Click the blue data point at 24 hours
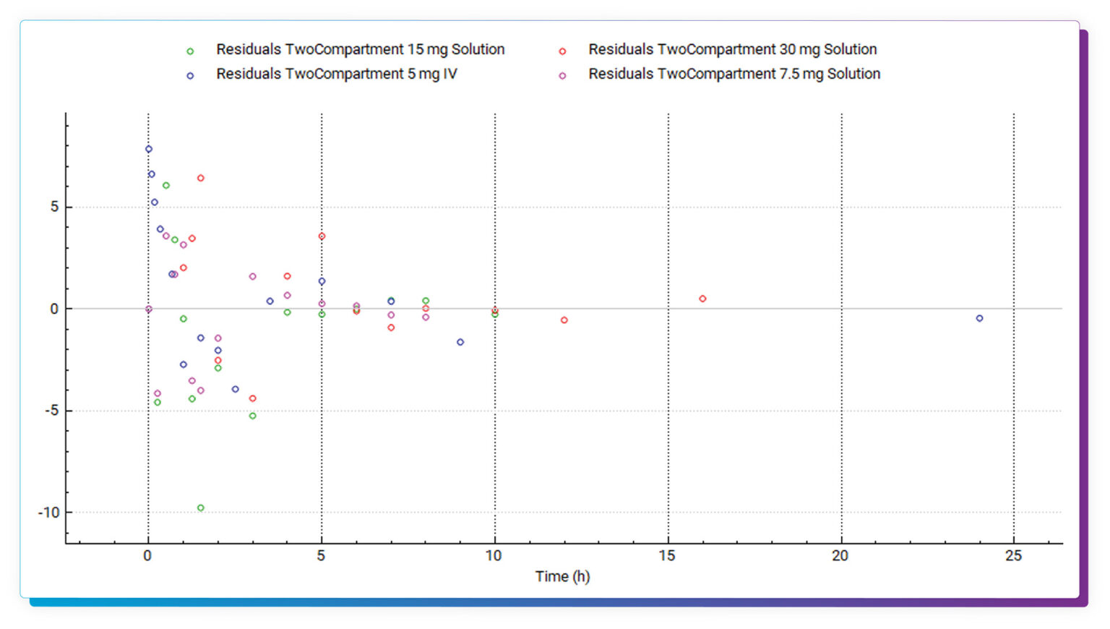(x=979, y=318)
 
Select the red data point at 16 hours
(x=702, y=299)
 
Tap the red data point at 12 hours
(x=564, y=320)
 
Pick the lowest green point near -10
(x=201, y=508)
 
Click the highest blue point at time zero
(x=149, y=150)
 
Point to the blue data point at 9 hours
(x=460, y=342)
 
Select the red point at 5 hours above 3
(x=322, y=236)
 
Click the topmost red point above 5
(x=201, y=178)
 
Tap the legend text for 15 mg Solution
(x=360, y=49)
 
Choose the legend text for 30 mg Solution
(x=732, y=49)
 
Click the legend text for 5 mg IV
(x=336, y=74)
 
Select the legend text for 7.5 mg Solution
(x=733, y=74)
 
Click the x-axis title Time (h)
(x=562, y=576)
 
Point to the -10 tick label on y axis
(x=49, y=513)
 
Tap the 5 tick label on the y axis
(x=54, y=207)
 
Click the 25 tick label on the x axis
(x=1013, y=555)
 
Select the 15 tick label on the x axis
(x=667, y=555)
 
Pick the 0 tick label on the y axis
(x=54, y=309)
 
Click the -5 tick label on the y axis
(x=51, y=411)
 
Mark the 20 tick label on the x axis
(x=840, y=555)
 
